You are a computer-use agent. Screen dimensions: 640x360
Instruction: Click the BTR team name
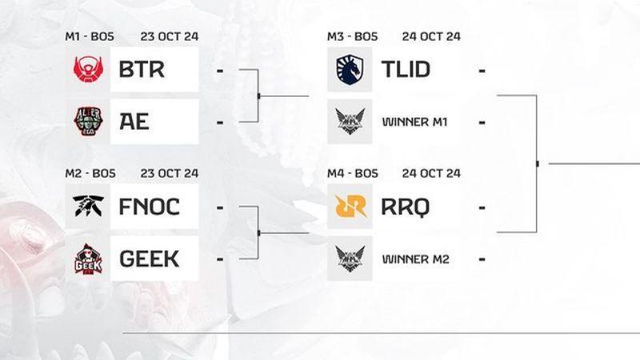point(142,70)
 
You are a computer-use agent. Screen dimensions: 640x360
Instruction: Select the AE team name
point(134,122)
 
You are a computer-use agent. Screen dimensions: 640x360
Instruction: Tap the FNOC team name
point(150,206)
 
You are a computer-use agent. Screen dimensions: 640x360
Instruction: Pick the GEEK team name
point(149,258)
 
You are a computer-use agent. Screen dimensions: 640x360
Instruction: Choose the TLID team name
point(406,70)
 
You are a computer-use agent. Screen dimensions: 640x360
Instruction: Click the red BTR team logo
point(88,69)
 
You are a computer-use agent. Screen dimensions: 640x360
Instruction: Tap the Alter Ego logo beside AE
point(88,122)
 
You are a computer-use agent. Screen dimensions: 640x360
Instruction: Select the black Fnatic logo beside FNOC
point(88,206)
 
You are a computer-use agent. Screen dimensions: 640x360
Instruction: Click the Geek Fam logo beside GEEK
point(88,259)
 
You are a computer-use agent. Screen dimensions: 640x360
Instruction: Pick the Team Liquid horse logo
point(350,70)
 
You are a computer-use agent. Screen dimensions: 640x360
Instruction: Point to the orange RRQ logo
point(350,206)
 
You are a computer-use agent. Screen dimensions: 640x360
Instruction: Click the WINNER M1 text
point(414,122)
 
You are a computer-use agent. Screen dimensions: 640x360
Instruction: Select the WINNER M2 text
point(415,259)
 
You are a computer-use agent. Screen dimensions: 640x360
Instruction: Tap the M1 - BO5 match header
point(90,36)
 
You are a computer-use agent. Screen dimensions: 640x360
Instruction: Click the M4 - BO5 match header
point(353,174)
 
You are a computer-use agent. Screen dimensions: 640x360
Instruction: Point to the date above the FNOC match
point(170,174)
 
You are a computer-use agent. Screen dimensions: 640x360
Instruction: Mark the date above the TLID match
point(431,36)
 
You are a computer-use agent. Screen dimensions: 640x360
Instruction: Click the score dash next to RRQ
point(482,208)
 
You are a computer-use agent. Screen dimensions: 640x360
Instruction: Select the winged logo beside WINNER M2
point(350,258)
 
